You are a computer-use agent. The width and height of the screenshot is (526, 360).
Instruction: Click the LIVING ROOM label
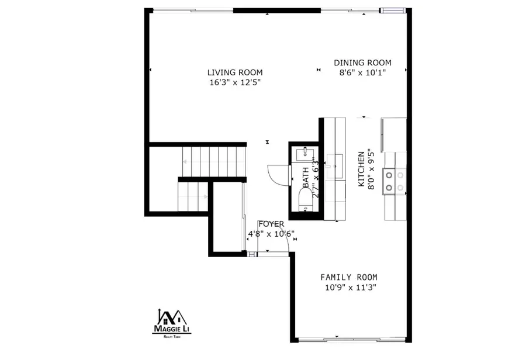pos(235,72)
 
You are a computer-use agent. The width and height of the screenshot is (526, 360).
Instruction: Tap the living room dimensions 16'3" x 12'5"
pos(235,82)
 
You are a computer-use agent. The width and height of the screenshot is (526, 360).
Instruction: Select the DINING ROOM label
pos(362,63)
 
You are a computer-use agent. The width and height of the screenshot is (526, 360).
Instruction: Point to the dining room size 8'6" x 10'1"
pos(362,72)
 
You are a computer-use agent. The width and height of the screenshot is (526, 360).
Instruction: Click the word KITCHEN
pos(361,169)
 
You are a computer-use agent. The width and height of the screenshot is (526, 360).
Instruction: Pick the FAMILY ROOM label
pos(349,277)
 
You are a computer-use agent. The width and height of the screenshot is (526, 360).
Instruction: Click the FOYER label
pos(271,224)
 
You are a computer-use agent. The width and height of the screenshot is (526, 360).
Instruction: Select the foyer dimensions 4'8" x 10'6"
pos(271,234)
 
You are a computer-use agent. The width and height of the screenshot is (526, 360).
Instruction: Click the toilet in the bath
pos(305,200)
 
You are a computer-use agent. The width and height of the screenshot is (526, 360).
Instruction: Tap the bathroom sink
pos(305,154)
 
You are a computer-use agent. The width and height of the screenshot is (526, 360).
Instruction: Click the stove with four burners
pos(394,181)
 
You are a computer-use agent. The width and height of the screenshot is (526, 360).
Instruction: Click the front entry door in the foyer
pos(274,254)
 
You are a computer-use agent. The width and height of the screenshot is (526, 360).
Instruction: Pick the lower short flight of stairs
pos(193,197)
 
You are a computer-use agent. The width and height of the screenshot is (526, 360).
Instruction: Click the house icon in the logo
pos(171,317)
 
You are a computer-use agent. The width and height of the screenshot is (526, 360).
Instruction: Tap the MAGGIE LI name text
pos(171,329)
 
